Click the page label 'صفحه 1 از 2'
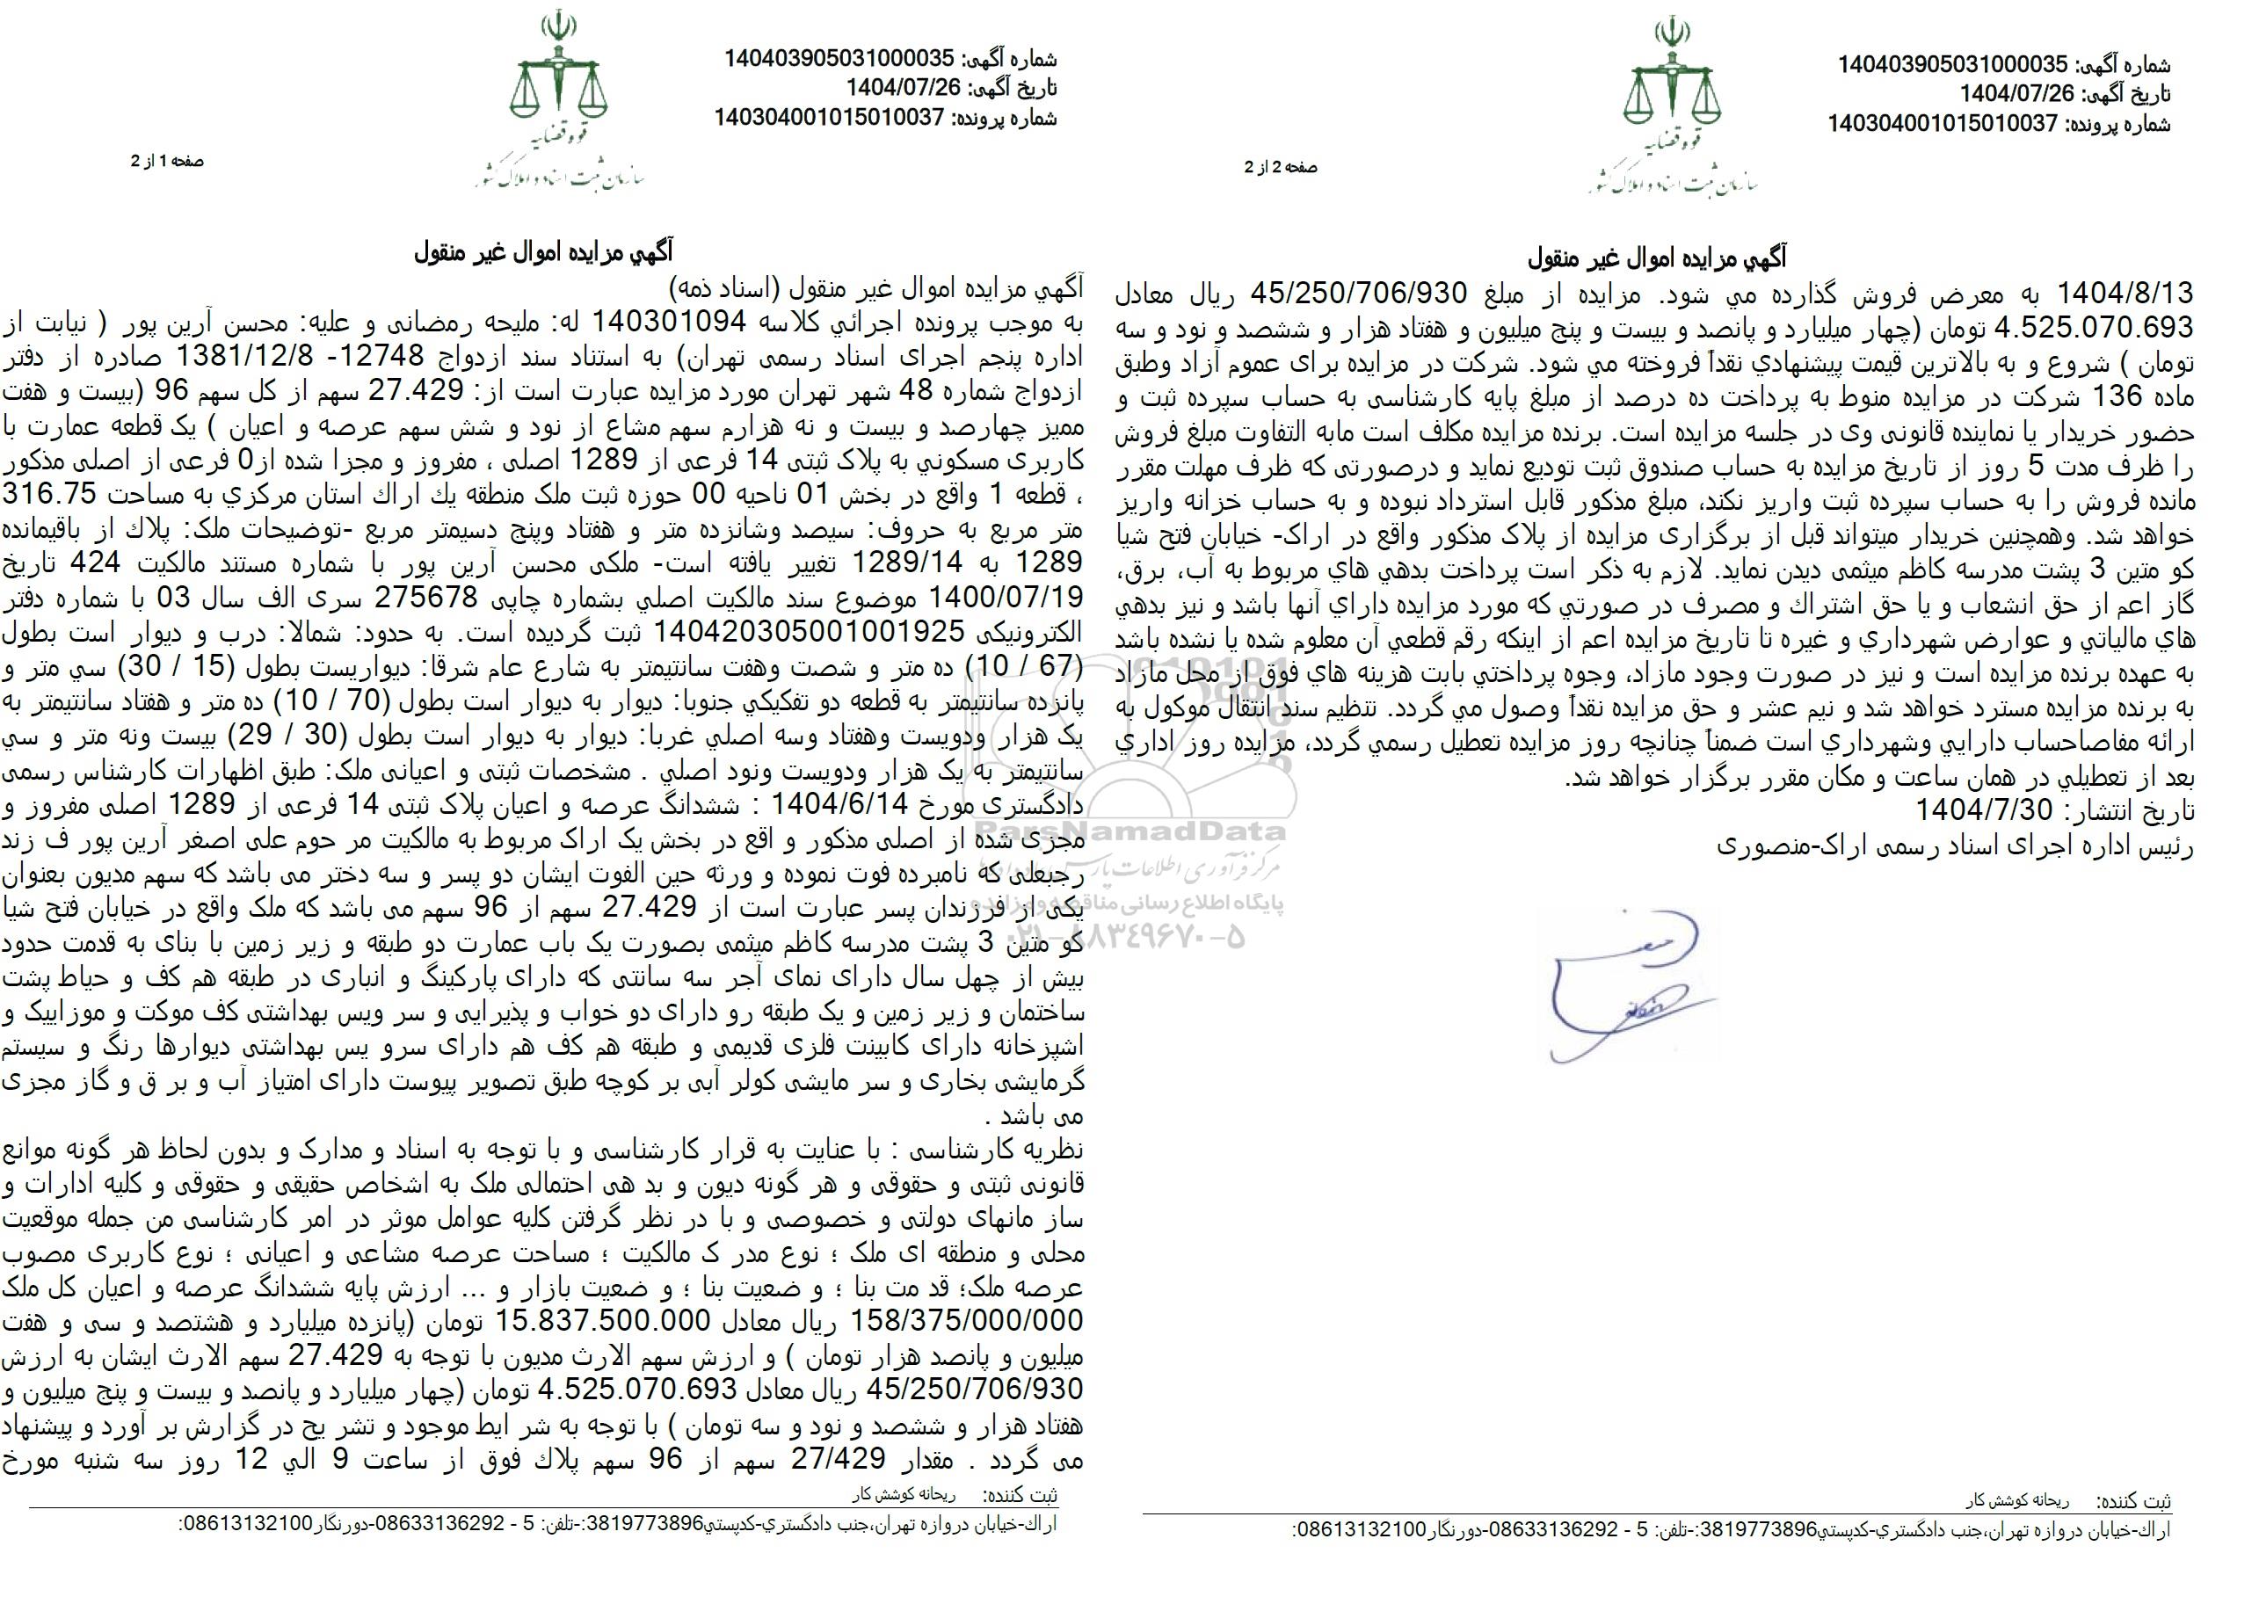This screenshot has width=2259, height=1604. click(x=167, y=161)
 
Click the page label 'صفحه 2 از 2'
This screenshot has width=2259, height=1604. click(x=1280, y=168)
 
